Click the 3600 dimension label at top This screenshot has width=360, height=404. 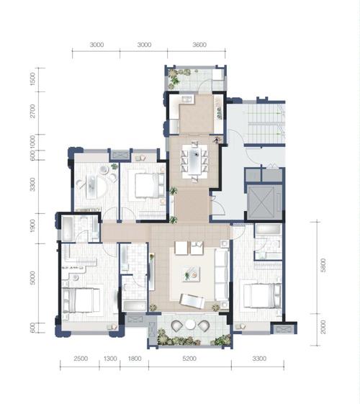[x=199, y=45]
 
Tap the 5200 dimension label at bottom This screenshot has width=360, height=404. [x=189, y=359]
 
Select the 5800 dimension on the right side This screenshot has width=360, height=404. [x=323, y=265]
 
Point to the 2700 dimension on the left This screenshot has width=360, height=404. [x=32, y=111]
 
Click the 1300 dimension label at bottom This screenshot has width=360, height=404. [x=110, y=359]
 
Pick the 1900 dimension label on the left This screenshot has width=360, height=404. [x=32, y=225]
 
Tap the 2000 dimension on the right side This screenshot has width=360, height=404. [x=323, y=327]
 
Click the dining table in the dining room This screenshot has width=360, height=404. [x=195, y=161]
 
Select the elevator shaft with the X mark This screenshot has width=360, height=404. [x=261, y=202]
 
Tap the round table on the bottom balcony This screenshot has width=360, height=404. [x=191, y=325]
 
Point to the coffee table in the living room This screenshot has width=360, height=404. [x=191, y=274]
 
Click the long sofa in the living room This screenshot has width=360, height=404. [x=222, y=274]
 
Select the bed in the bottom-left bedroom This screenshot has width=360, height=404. [x=81, y=300]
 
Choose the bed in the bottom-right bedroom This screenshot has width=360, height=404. [x=262, y=296]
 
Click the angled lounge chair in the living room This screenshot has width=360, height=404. [x=192, y=301]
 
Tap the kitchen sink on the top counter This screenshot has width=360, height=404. [x=188, y=99]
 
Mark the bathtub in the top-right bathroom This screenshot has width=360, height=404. [x=269, y=229]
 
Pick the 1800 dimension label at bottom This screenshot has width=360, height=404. [x=135, y=359]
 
